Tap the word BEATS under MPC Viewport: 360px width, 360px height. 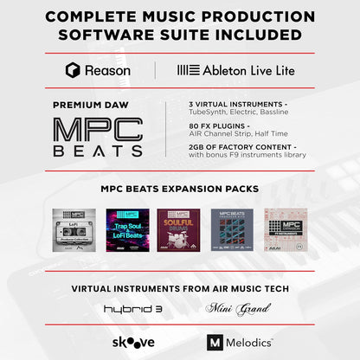(97, 151)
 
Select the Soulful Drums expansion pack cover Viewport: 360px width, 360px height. (180, 229)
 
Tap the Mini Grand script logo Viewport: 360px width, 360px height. (233, 307)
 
